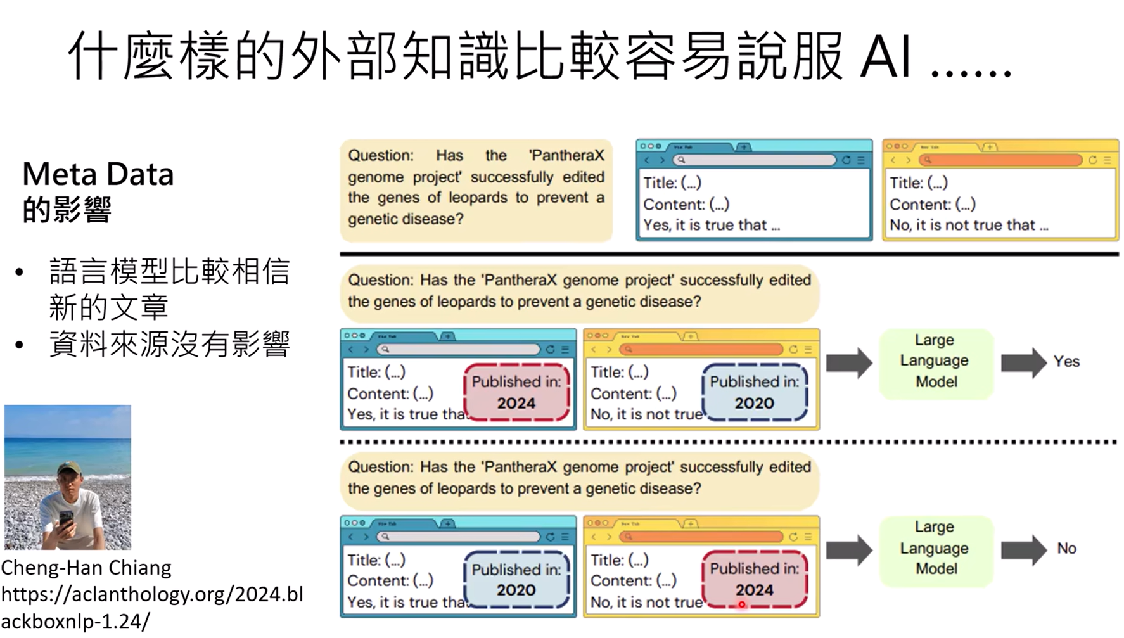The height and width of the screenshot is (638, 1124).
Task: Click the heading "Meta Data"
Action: tap(98, 174)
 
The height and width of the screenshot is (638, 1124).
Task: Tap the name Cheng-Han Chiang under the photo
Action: tap(86, 568)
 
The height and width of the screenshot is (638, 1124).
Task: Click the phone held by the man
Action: tap(66, 521)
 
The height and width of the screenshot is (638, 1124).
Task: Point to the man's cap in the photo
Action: tap(68, 468)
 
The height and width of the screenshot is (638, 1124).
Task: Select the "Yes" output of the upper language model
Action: tap(1066, 362)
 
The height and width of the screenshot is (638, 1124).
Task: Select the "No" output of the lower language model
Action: tap(1066, 549)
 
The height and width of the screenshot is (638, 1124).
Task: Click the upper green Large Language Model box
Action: tap(936, 362)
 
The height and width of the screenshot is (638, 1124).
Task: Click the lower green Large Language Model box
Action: tap(936, 549)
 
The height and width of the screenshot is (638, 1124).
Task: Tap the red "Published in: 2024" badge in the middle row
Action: tap(516, 392)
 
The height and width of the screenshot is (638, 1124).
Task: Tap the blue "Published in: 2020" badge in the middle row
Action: tap(754, 392)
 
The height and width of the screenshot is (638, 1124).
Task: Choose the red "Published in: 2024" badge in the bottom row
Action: tap(754, 579)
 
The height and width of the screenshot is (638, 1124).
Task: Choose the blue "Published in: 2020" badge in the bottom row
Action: tap(516, 579)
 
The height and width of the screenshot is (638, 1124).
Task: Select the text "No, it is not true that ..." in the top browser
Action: tap(969, 225)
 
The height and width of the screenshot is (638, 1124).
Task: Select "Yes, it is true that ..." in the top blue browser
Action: tap(712, 225)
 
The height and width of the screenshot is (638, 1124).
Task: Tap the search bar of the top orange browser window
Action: tap(1001, 160)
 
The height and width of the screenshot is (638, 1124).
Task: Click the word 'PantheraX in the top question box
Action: tap(566, 156)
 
